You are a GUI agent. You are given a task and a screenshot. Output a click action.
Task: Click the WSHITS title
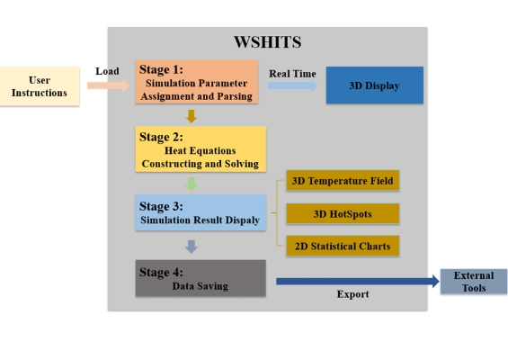[268, 42]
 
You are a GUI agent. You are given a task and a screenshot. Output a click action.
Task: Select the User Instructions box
[40, 86]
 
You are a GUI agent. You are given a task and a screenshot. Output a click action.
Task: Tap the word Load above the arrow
[107, 71]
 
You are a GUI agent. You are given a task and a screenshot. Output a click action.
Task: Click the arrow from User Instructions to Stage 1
[108, 85]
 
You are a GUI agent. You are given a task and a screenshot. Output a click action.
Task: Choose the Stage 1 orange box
[197, 82]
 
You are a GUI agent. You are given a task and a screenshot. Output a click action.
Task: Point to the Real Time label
[292, 74]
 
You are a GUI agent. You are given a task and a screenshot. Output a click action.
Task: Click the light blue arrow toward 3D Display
[292, 85]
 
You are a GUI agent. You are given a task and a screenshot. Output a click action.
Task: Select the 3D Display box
[375, 85]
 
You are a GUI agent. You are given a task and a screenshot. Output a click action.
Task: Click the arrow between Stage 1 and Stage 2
[192, 116]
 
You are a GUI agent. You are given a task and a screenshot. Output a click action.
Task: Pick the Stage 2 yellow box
[201, 148]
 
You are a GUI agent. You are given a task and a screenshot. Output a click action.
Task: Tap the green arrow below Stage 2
[192, 184]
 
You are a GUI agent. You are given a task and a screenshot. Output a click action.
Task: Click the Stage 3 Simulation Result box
[201, 212]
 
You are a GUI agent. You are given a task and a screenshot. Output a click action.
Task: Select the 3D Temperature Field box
[343, 181]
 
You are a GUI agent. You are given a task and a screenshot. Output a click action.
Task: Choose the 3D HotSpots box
[343, 213]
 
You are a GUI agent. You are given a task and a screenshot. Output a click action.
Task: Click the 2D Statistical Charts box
[343, 247]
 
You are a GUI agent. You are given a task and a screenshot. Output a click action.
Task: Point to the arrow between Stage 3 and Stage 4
[192, 247]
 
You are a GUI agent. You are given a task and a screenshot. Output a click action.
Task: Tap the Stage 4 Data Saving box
[201, 278]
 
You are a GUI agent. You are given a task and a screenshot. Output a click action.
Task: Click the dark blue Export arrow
[358, 281]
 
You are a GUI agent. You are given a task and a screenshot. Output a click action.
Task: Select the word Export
[352, 294]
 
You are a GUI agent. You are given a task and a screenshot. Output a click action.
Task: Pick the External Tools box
[474, 282]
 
